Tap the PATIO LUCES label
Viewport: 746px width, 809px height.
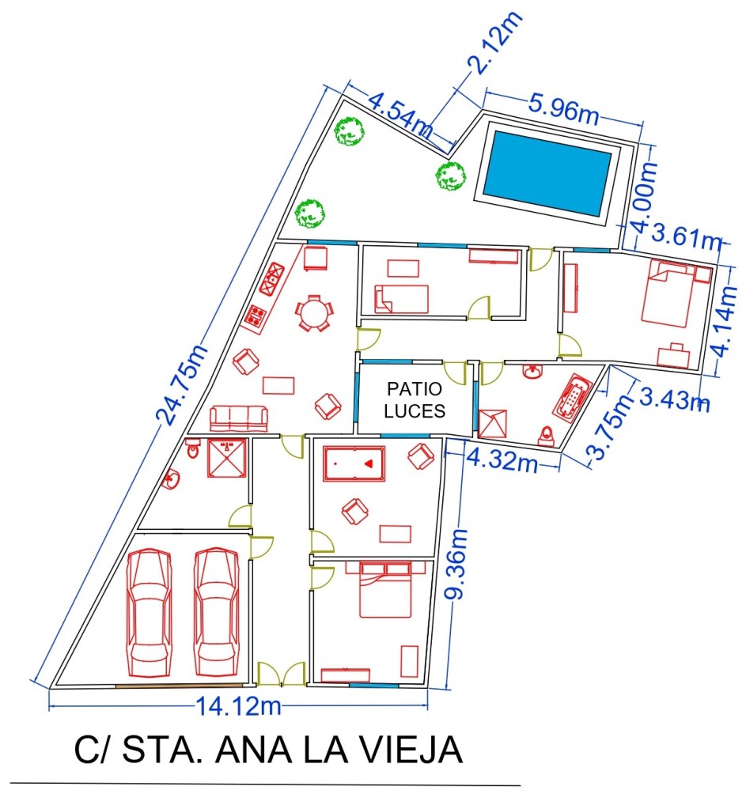pyautogui.click(x=414, y=400)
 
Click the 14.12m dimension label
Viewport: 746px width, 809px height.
pyautogui.click(x=238, y=706)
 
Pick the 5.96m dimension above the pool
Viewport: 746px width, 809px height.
pyautogui.click(x=564, y=109)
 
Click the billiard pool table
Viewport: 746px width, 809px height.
pyautogui.click(x=354, y=464)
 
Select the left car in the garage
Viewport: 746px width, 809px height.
pyautogui.click(x=150, y=612)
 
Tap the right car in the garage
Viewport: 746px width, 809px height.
pyautogui.click(x=216, y=612)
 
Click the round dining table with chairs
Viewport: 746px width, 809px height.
pyautogui.click(x=313, y=313)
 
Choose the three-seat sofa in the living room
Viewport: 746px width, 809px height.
pyautogui.click(x=239, y=418)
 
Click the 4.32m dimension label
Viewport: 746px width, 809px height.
pyautogui.click(x=501, y=459)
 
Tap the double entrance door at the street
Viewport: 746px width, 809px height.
pyautogui.click(x=282, y=674)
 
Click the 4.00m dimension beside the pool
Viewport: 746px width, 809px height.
pyautogui.click(x=645, y=198)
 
